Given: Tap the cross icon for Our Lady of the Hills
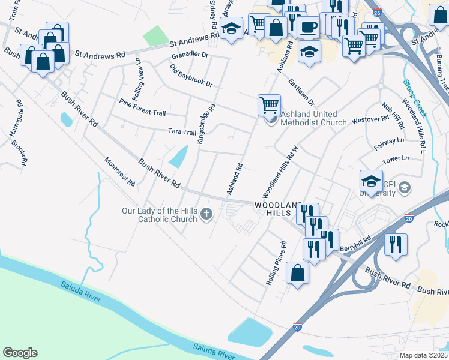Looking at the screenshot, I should click(206, 214).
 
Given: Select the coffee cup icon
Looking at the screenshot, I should click(309, 28).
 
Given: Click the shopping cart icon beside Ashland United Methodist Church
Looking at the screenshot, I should click(270, 105).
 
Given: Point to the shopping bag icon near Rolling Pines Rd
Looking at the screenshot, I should click(298, 273).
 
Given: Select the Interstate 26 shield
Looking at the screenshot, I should click(376, 12).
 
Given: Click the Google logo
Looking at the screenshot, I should click(20, 353).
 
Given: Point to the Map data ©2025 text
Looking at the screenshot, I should click(423, 355).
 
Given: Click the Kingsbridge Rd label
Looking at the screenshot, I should click(205, 125).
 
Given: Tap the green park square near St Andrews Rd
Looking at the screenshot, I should click(156, 35).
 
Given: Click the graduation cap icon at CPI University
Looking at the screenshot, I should click(371, 181).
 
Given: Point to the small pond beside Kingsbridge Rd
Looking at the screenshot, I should click(178, 158).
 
